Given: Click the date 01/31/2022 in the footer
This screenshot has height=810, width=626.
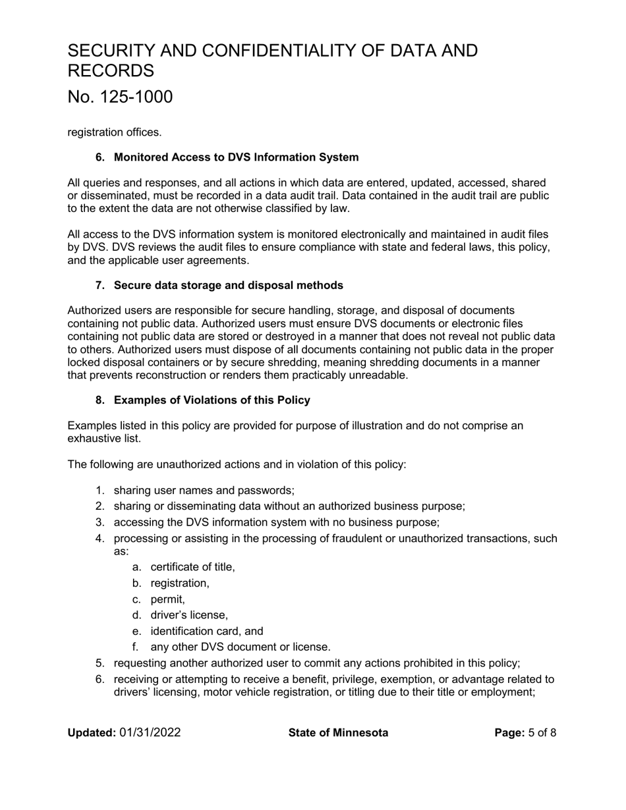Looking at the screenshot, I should tap(150, 733).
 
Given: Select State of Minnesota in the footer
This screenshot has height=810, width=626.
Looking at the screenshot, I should tap(338, 733).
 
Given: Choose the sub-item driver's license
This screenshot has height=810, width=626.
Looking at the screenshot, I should tap(189, 615).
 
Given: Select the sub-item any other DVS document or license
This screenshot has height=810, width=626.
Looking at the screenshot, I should tap(240, 647).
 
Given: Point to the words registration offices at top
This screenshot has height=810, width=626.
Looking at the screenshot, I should tap(114, 132).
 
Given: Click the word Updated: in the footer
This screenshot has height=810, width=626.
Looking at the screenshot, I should tap(92, 733).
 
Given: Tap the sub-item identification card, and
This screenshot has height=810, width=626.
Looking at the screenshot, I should tap(206, 631).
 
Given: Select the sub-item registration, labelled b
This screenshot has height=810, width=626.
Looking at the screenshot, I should tap(180, 583).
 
